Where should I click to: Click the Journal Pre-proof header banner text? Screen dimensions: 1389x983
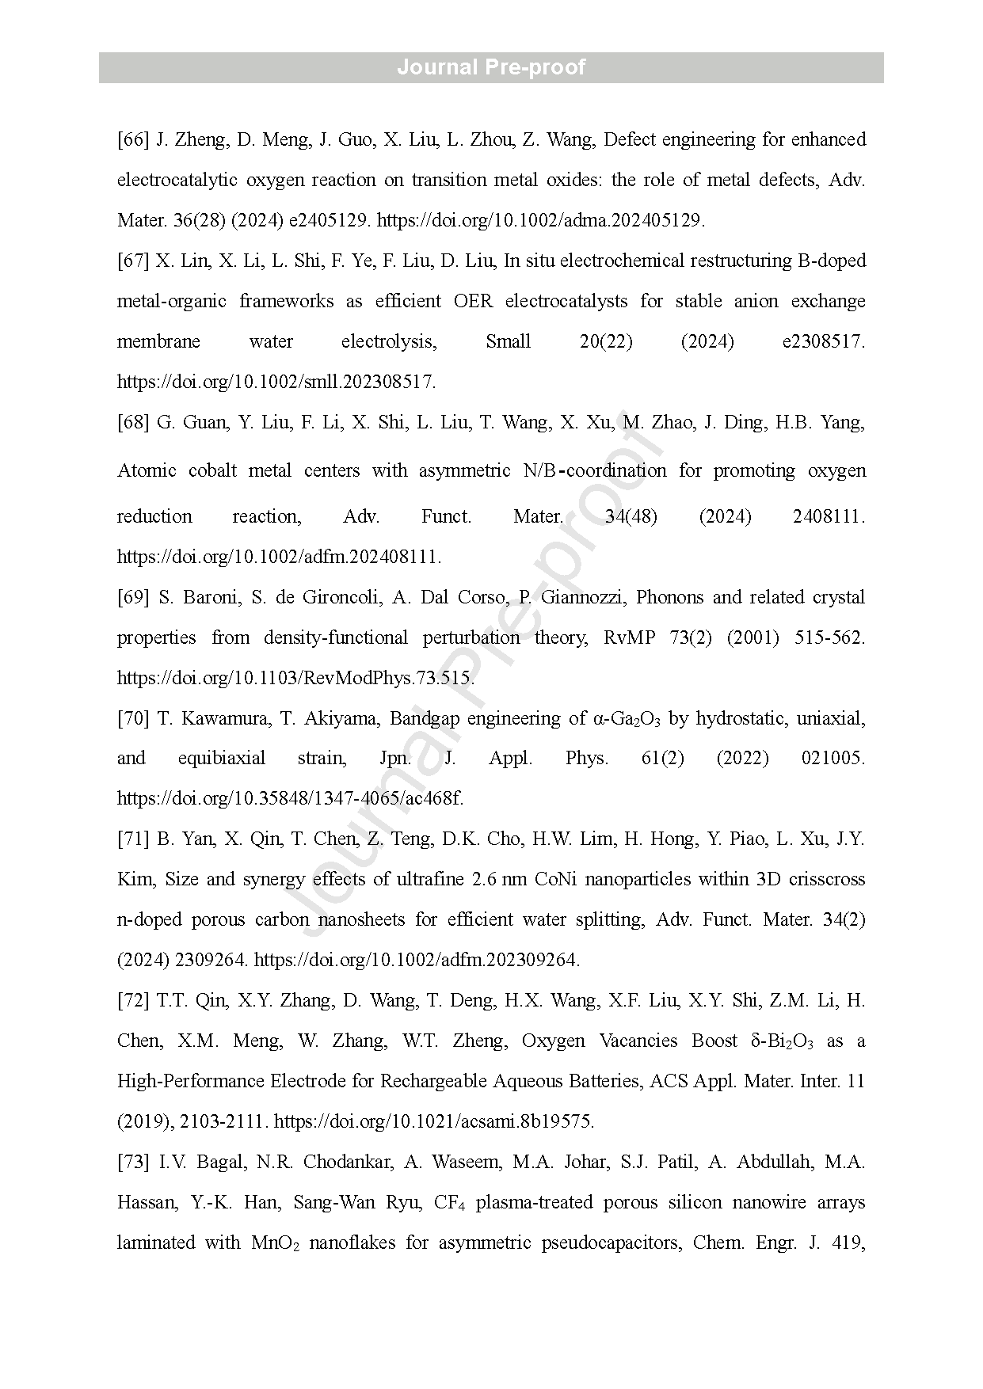(x=491, y=67)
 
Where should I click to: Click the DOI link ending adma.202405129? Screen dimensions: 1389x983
(x=540, y=221)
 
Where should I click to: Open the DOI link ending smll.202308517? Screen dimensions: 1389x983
(x=276, y=382)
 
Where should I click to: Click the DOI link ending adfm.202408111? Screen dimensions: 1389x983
(x=279, y=557)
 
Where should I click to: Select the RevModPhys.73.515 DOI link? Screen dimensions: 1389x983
(x=296, y=678)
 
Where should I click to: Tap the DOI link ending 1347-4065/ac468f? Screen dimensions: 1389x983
(x=290, y=798)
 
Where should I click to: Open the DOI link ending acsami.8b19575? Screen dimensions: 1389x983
(x=433, y=1121)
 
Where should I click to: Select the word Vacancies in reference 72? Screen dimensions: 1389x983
(x=638, y=1041)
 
